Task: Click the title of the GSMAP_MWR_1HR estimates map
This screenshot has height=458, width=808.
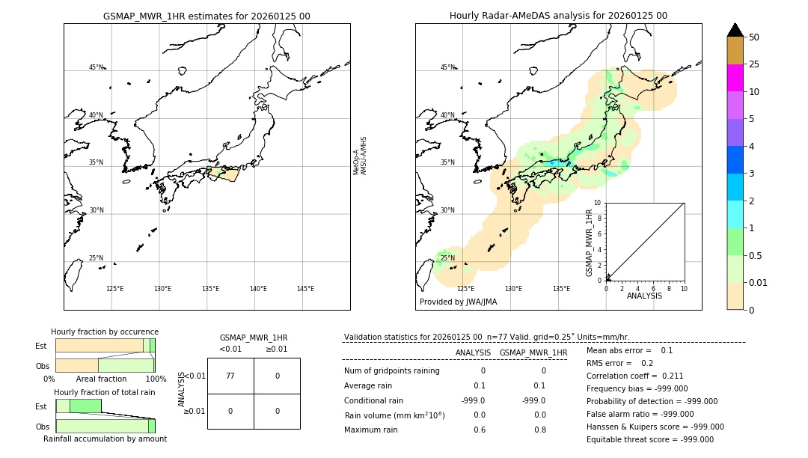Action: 206,16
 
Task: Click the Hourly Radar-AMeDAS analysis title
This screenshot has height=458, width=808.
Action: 558,16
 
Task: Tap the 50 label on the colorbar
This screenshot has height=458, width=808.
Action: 754,37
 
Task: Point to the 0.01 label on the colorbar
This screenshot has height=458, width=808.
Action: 759,283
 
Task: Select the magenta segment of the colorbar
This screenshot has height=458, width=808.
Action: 735,78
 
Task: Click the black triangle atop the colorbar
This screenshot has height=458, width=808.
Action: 735,30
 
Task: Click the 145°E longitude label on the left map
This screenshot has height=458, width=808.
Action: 305,289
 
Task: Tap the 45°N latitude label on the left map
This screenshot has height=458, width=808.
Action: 96,67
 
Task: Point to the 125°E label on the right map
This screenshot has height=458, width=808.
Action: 465,289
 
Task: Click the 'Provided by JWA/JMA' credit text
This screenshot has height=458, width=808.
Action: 458,302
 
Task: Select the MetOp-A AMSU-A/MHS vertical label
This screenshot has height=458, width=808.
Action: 360,156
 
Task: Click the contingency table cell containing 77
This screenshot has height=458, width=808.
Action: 230,376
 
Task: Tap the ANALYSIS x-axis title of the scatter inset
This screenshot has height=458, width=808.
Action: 644,296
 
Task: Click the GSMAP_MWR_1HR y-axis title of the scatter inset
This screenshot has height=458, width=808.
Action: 590,242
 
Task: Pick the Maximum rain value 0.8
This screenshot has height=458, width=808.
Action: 539,430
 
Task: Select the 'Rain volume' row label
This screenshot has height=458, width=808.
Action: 394,415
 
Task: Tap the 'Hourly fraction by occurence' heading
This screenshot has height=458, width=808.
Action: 105,332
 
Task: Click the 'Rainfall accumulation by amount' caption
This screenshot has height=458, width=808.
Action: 105,439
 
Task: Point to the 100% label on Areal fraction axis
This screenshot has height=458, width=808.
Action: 156,379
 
